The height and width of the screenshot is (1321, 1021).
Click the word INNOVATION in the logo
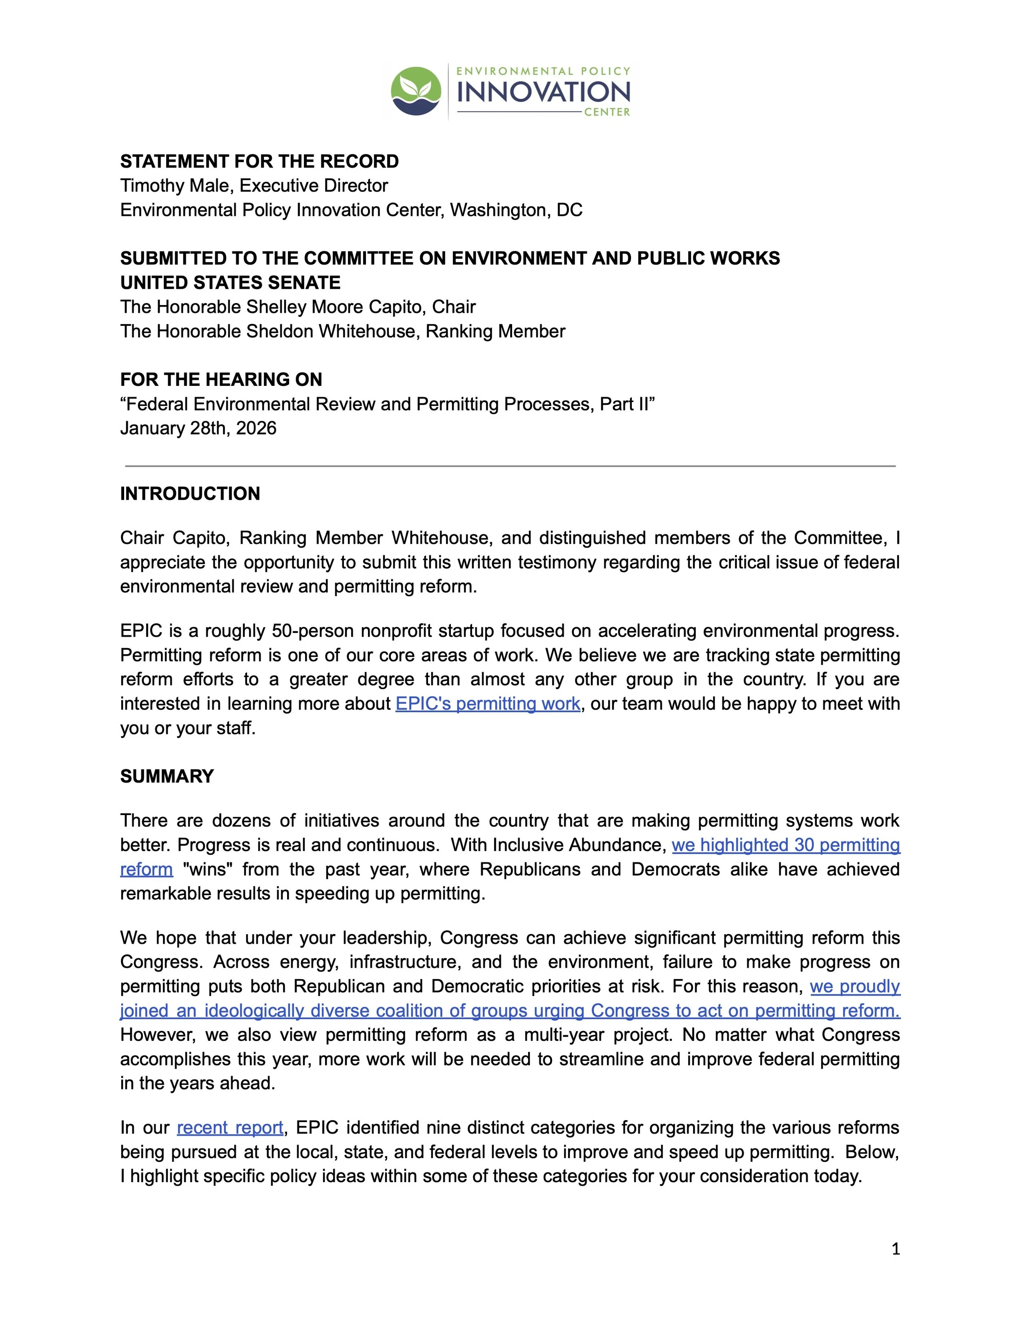coord(543,92)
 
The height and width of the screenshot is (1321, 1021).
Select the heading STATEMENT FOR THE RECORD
coord(259,161)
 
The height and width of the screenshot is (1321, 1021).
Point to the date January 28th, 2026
coord(198,428)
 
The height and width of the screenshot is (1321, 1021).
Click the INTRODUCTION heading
coord(190,494)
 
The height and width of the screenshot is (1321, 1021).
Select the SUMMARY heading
coord(167,776)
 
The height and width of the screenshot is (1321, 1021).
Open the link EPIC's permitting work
coord(488,704)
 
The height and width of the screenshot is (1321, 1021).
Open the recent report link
coord(230,1127)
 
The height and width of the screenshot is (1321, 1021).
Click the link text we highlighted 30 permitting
coord(786,845)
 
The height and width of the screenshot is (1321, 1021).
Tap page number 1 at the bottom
coord(896,1249)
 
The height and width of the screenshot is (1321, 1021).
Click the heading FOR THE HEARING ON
coord(221,380)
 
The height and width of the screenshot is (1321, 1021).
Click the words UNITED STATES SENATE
coord(230,283)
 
